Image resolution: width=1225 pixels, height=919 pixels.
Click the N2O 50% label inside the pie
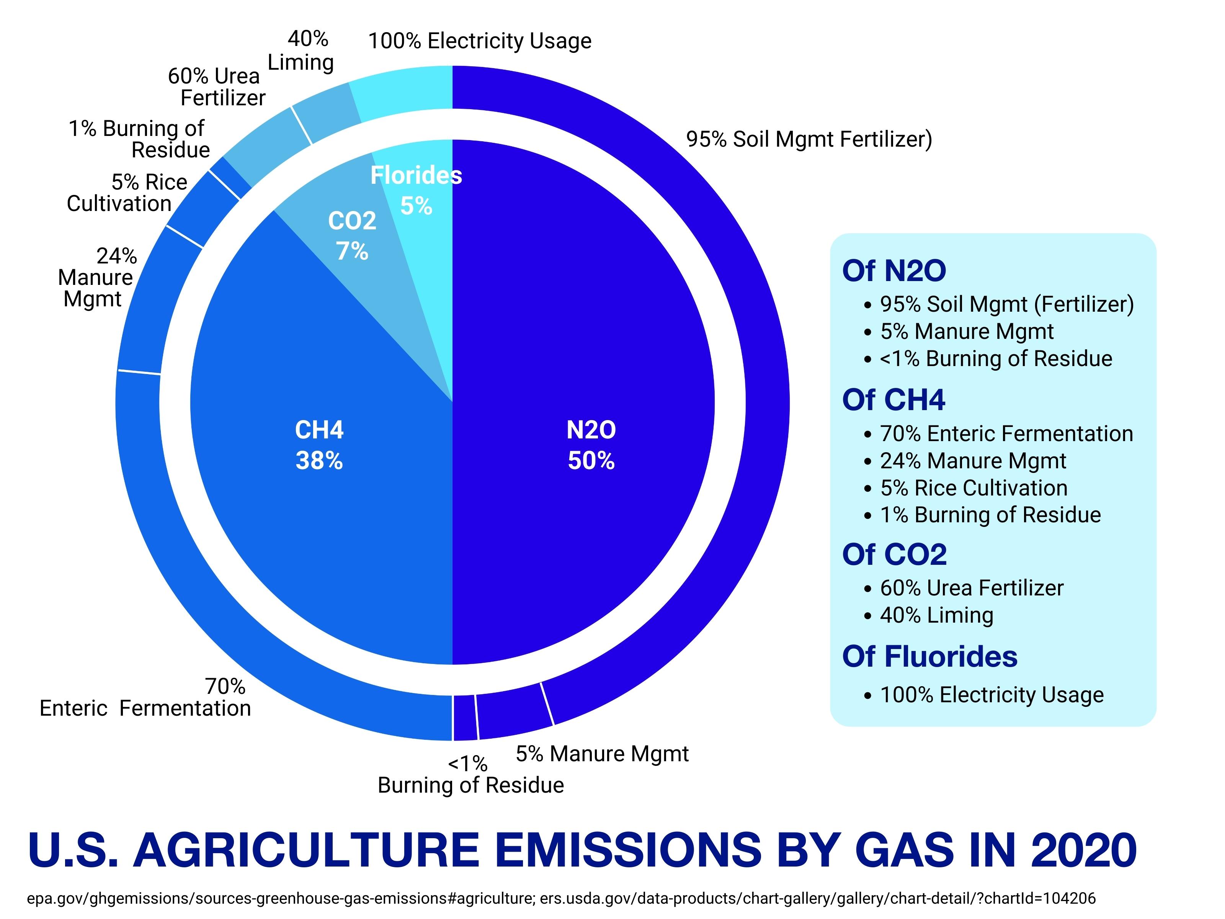click(x=591, y=445)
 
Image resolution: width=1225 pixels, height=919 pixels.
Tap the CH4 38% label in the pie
click(x=319, y=445)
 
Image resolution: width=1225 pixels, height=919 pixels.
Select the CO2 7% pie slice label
click(x=352, y=235)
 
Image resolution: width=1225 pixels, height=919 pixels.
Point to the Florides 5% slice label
click(x=416, y=190)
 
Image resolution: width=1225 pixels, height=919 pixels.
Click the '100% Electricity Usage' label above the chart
click(x=480, y=41)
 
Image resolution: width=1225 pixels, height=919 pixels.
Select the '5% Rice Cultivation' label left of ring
click(x=127, y=193)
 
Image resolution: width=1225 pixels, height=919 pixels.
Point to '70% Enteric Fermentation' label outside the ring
click(x=145, y=697)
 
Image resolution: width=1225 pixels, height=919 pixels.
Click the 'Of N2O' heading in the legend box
click(x=894, y=271)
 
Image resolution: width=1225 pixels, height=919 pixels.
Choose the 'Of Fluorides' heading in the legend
click(x=929, y=656)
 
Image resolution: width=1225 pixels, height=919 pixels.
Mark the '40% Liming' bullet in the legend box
click(x=936, y=615)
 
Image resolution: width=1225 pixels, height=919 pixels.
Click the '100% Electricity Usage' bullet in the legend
click(x=991, y=695)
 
